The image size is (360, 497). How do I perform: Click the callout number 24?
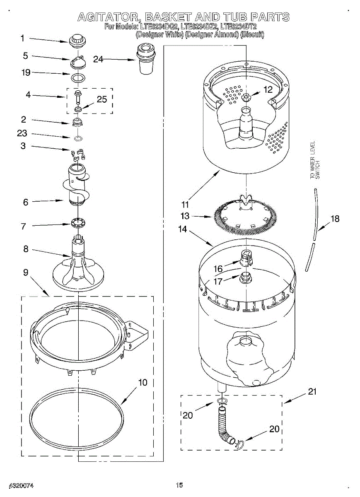pos(98,59)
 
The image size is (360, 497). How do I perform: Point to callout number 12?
pos(268,89)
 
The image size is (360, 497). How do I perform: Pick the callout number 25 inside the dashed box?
pos(101,99)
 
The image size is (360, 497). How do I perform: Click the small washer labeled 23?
pos(77,138)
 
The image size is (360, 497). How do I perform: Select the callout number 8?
pos(26,249)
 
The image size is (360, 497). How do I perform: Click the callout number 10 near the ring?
pos(143,383)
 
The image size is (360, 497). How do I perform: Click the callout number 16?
pos(218,269)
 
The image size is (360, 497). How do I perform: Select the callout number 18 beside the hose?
pos(335,219)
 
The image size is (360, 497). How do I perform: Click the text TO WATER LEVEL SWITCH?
pos(315,161)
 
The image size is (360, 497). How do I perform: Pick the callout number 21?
pos(312,391)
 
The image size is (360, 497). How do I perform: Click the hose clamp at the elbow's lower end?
pos(238,444)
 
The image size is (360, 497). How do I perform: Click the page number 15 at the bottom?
pos(179,485)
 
